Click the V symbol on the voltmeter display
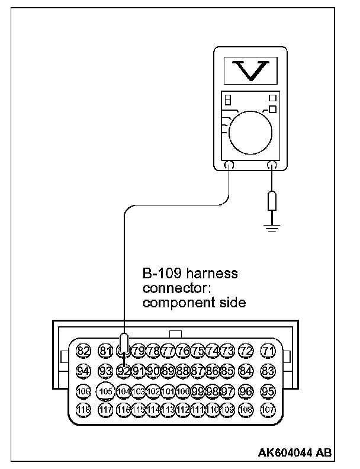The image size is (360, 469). coord(247,72)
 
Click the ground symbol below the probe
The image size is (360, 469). coord(271,227)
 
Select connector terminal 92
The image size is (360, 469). coord(124,371)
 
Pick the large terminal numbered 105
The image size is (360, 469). coord(105,391)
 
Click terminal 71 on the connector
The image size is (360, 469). coord(269,351)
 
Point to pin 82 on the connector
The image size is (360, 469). coord(83,351)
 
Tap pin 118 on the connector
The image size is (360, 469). coord(83,409)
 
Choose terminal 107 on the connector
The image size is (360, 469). coord(269,409)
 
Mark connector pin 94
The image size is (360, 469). coord(83,371)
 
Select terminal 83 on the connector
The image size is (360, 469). coord(269,371)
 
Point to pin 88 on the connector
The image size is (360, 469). coord(182,371)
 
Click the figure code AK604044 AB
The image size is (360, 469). coord(294,453)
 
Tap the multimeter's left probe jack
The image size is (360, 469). coord(230,166)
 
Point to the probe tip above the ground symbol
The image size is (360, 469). coord(271,201)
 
